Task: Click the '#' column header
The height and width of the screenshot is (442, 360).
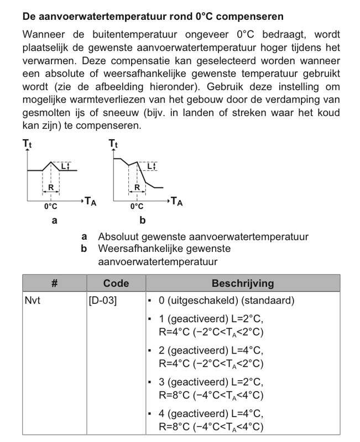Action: [x=54, y=283]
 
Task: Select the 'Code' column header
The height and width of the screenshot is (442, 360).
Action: [x=116, y=283]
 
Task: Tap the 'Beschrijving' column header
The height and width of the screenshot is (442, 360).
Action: [x=243, y=283]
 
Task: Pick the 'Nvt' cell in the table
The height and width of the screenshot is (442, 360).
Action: [x=34, y=301]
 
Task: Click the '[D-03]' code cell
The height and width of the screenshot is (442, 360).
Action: [x=102, y=301]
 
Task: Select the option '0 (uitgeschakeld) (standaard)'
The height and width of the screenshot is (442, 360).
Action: [x=226, y=301]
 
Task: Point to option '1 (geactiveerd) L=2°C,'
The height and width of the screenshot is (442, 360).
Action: [x=211, y=319]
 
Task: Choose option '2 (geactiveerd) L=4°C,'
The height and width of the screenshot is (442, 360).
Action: [x=211, y=351]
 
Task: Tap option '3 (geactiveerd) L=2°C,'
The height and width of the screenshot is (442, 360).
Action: [x=211, y=382]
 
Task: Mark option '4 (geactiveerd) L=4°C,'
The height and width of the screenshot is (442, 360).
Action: [x=211, y=414]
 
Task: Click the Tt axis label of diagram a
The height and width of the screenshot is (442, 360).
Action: [x=27, y=144]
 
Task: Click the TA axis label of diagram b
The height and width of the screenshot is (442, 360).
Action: [x=176, y=201]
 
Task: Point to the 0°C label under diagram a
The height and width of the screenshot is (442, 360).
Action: [x=50, y=207]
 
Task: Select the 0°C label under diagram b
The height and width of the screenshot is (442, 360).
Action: [x=137, y=207]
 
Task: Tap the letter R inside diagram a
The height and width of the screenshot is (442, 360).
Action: [x=50, y=187]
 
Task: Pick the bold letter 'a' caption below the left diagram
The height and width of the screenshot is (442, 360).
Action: [x=54, y=221]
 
